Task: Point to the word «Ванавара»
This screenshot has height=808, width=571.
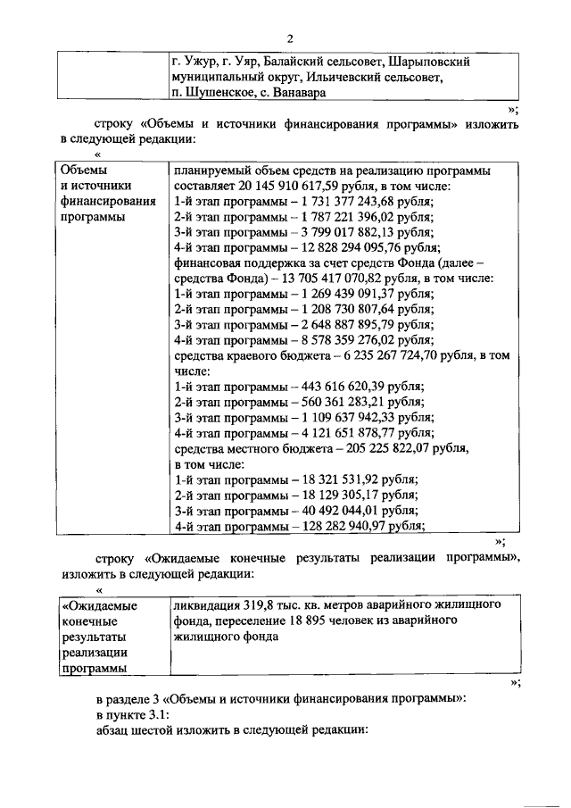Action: click(x=298, y=93)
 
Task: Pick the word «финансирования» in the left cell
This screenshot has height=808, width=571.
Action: click(x=106, y=201)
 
